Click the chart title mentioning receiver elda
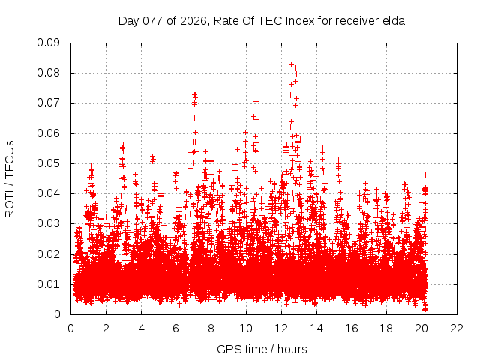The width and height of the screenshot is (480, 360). [262, 21]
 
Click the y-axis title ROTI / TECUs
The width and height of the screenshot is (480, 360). [10, 178]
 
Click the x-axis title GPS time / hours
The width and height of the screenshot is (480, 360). [262, 349]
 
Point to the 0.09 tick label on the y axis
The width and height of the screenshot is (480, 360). [49, 43]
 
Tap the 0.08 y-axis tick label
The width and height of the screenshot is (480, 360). [49, 73]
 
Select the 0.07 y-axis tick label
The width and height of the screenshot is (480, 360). [49, 103]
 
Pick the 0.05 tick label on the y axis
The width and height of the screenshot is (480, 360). [49, 163]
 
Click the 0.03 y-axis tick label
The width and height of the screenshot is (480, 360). [49, 223]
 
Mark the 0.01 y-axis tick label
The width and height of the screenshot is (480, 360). [49, 284]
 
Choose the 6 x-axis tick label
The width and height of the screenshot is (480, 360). [175, 328]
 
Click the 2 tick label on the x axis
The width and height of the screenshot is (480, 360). [106, 328]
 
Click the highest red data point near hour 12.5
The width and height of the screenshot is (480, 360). [291, 64]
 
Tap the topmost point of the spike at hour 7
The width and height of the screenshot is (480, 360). [194, 94]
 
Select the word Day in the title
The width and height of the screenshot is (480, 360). [129, 21]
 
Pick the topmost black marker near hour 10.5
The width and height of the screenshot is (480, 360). [256, 101]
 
